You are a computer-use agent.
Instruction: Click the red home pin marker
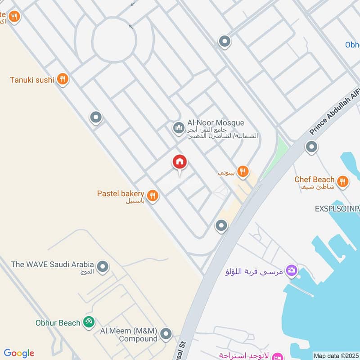180,162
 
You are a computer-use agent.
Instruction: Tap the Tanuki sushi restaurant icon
63,80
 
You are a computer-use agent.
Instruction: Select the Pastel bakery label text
121,193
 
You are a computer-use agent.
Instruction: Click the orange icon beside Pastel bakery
153,196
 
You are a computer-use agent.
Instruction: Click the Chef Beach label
315,180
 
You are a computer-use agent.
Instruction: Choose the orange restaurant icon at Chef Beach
343,181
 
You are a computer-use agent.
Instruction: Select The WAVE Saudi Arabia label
53,264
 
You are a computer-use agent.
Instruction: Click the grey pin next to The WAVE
103,267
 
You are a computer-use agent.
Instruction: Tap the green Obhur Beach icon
89,322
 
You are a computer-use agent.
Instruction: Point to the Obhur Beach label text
58,323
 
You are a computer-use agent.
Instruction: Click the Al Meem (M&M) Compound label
128,334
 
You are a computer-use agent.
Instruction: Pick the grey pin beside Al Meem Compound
166,334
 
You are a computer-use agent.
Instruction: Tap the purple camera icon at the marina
292,270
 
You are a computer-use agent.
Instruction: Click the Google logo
19,353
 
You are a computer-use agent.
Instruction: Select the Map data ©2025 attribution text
336,355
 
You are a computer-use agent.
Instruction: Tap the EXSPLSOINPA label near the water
337,209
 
